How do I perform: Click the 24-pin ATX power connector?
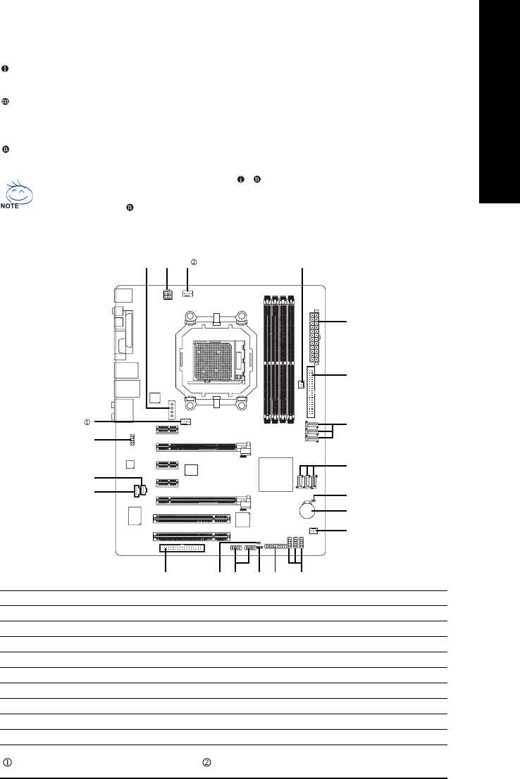314,337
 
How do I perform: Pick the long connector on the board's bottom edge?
182,548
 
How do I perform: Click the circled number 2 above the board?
194,262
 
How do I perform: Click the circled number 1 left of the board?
87,422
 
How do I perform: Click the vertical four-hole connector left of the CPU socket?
171,410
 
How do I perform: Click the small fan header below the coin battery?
313,530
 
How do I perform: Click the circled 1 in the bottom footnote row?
8,762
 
